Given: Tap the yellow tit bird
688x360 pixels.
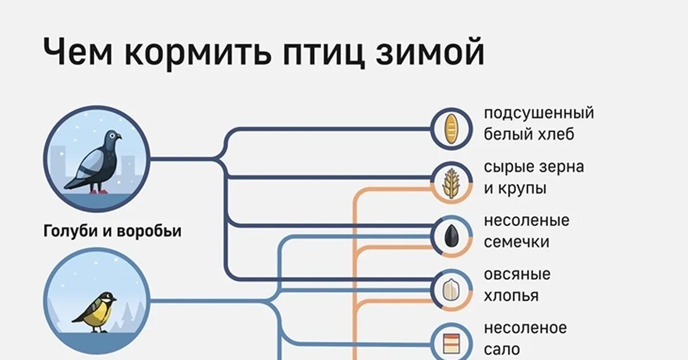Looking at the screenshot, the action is tap(95, 312).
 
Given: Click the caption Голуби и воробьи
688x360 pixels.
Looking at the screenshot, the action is tap(112, 232).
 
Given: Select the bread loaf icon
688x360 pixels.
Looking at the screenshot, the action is tap(452, 128).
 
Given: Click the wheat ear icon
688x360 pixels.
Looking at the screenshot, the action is tap(452, 182).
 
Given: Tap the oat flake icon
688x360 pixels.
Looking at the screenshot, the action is tap(452, 289).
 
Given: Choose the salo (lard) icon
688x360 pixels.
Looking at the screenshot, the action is tap(452, 343).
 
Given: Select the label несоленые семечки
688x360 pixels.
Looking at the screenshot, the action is tap(526, 231).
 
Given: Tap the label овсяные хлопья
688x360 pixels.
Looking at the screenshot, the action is tap(517, 285).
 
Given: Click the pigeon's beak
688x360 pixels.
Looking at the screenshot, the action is tap(119, 137).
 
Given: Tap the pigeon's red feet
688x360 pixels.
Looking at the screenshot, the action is tap(97, 191).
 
